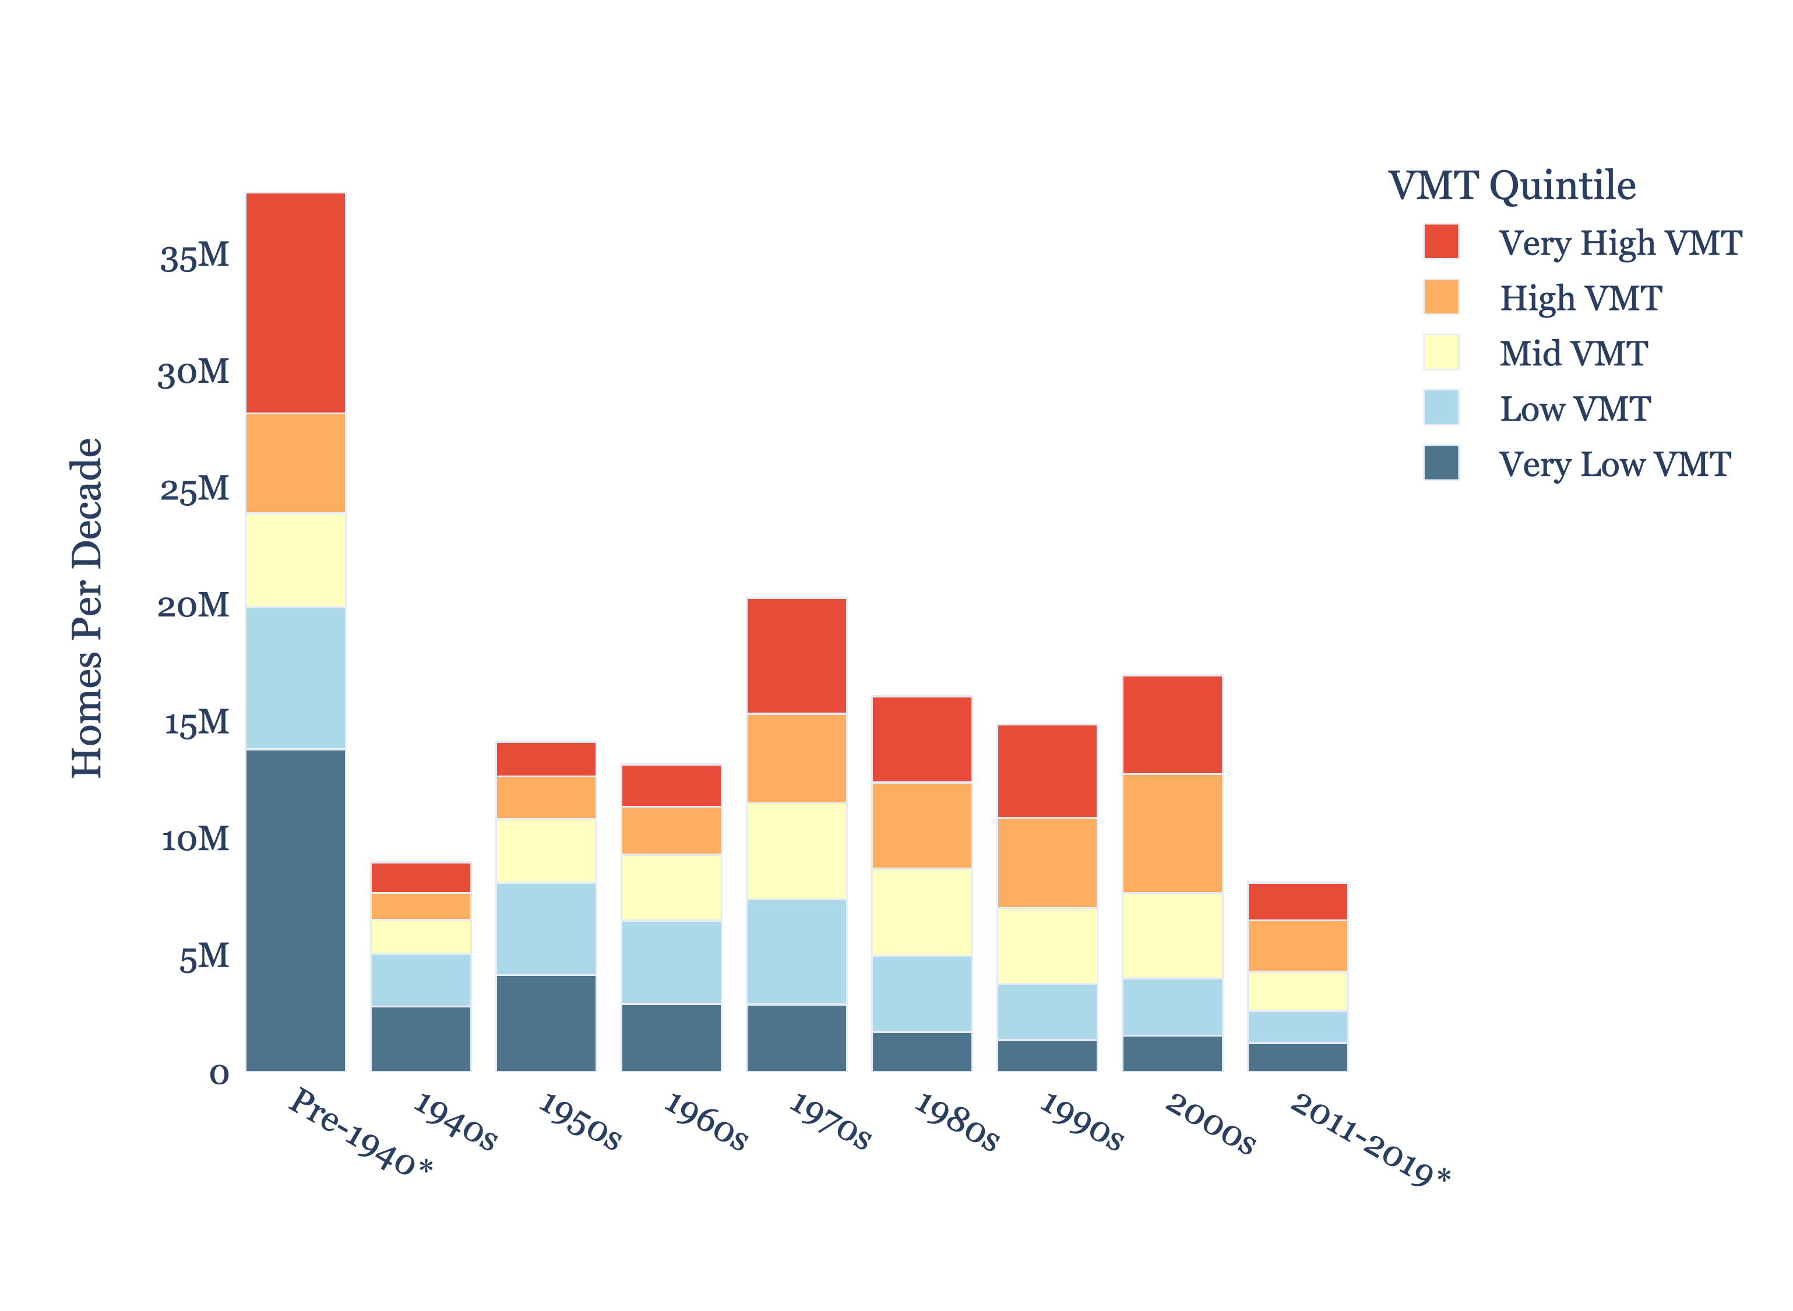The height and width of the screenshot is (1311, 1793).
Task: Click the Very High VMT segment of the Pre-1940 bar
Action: pyautogui.click(x=295, y=303)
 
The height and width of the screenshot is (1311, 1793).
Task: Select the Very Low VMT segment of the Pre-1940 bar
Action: pyautogui.click(x=295, y=910)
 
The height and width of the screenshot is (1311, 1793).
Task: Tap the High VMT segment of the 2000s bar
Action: pyautogui.click(x=1172, y=833)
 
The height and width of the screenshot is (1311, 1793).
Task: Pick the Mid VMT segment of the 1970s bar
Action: pyautogui.click(x=796, y=851)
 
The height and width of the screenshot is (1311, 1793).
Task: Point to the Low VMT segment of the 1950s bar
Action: pyautogui.click(x=546, y=929)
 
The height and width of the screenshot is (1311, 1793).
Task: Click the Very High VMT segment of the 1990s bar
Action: pyautogui.click(x=1047, y=771)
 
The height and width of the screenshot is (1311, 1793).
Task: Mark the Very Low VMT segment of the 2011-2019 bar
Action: pyautogui.click(x=1298, y=1057)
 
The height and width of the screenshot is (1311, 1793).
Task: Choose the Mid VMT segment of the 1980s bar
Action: pyautogui.click(x=921, y=912)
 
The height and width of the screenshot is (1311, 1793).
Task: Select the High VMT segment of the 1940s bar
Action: pyautogui.click(x=421, y=906)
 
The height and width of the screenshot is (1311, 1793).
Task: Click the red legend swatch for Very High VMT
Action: pyautogui.click(x=1440, y=242)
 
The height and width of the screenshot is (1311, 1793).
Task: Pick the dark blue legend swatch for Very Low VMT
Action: pyautogui.click(x=1440, y=463)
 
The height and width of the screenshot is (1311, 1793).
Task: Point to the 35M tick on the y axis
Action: pyautogui.click(x=195, y=256)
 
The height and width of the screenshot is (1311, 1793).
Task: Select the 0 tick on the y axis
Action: pyautogui.click(x=219, y=1074)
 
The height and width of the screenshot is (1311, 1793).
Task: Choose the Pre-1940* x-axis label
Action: pyautogui.click(x=360, y=1132)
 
